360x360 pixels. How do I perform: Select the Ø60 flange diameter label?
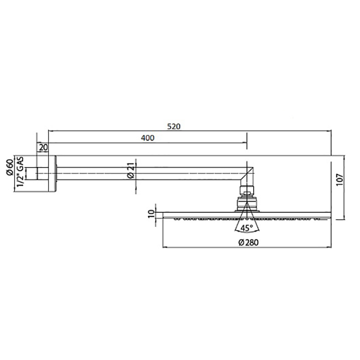10,167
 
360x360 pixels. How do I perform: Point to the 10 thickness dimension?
151,213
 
